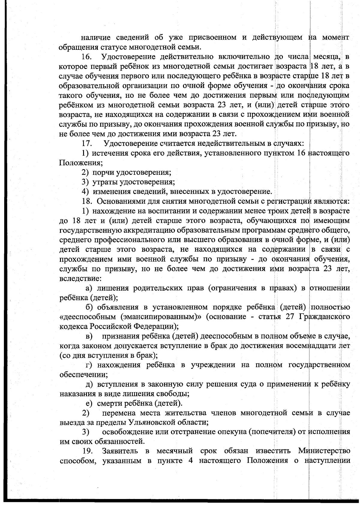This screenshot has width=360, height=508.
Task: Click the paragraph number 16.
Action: pos(87,56)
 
